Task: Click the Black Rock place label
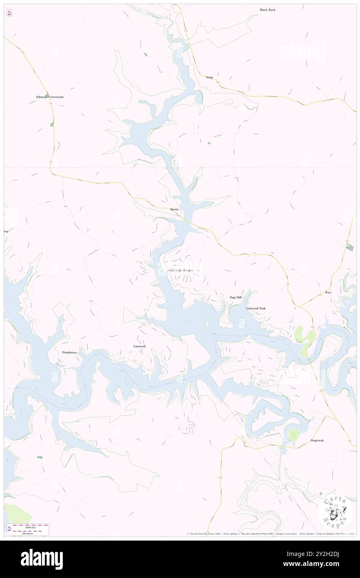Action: coord(268,10)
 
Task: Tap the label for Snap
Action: coord(209,77)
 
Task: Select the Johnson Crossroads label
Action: coord(50,97)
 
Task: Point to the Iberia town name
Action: coord(175,209)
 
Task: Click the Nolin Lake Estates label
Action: coord(180,271)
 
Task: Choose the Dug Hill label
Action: coord(236,297)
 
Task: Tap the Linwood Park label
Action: coord(256,309)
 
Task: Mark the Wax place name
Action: coord(328,293)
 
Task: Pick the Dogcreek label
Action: coord(317,440)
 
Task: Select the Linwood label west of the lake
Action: coord(139,346)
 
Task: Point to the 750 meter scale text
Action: coord(28,533)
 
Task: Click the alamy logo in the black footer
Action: coord(42,559)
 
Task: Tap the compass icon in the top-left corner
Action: coord(9,12)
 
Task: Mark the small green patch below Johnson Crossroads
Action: coord(52,124)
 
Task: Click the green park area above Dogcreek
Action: coord(293,435)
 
